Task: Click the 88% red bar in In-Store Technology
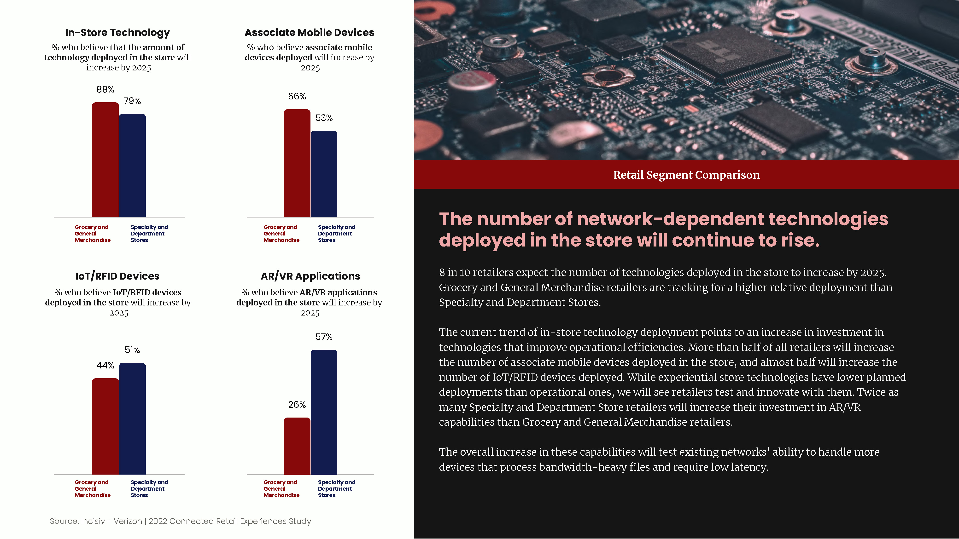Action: [105, 160]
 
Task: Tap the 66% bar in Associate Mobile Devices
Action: [297, 163]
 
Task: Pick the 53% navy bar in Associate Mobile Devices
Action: [324, 174]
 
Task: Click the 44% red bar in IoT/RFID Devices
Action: [105, 426]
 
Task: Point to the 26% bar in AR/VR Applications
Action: [297, 446]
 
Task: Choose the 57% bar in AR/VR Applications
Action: [324, 412]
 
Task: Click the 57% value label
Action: [324, 337]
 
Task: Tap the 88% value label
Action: [105, 89]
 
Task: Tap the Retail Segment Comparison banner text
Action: [686, 175]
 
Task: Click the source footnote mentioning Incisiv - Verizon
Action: [181, 521]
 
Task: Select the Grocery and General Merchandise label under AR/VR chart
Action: [281, 489]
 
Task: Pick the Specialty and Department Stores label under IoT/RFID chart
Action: [149, 489]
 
